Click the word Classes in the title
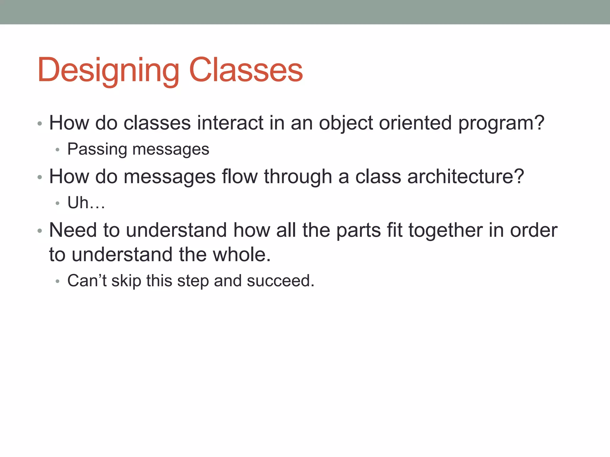coord(246,70)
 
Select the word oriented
coord(415,123)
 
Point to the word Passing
coord(97,149)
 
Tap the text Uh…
coord(86,203)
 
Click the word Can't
coord(87,281)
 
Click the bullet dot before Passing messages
coord(57,150)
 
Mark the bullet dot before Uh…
coord(57,204)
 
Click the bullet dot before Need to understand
coord(40,231)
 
